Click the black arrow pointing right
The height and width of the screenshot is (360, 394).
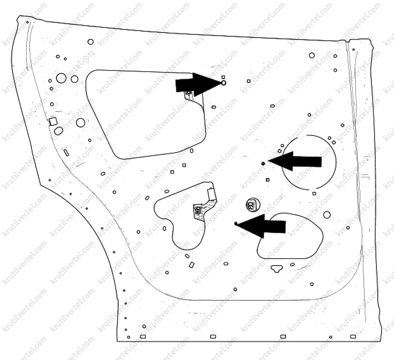click(x=197, y=84)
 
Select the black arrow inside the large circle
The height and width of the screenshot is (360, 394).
click(x=295, y=161)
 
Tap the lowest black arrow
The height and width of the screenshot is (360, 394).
click(x=262, y=226)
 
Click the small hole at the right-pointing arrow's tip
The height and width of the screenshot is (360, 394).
click(x=223, y=82)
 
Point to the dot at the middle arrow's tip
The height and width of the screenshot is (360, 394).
click(x=263, y=164)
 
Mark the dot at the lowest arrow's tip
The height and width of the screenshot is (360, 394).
click(x=236, y=224)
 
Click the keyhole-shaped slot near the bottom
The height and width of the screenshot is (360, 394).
click(x=277, y=268)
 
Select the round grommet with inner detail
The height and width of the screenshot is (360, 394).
click(x=253, y=204)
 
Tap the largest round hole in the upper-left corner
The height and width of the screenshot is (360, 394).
click(x=61, y=78)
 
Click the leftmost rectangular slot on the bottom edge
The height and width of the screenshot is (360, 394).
click(x=143, y=337)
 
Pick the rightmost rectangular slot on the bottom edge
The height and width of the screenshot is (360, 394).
click(x=353, y=337)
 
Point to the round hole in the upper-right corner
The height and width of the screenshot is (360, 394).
click(x=312, y=55)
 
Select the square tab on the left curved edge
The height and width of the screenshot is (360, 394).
click(x=53, y=122)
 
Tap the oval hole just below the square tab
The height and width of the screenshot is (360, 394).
click(x=59, y=131)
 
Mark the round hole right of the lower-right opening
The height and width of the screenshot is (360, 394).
click(x=327, y=215)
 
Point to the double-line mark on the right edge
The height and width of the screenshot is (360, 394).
click(x=365, y=176)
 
